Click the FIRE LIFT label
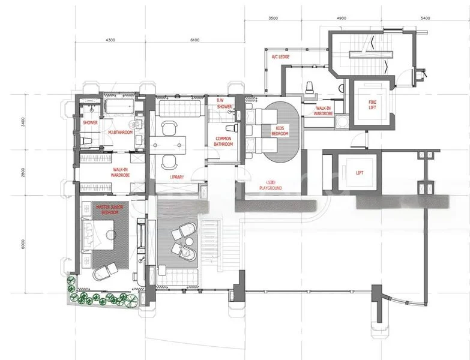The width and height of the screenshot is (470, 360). pos(373,106)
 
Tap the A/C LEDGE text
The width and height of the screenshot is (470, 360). pos(281,57)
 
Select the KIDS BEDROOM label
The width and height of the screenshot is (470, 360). pos(280,131)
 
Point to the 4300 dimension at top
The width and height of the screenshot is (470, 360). pos(110,40)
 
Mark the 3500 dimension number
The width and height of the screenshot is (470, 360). pos(273,19)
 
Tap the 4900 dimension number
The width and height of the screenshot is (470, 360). pos(341,19)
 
